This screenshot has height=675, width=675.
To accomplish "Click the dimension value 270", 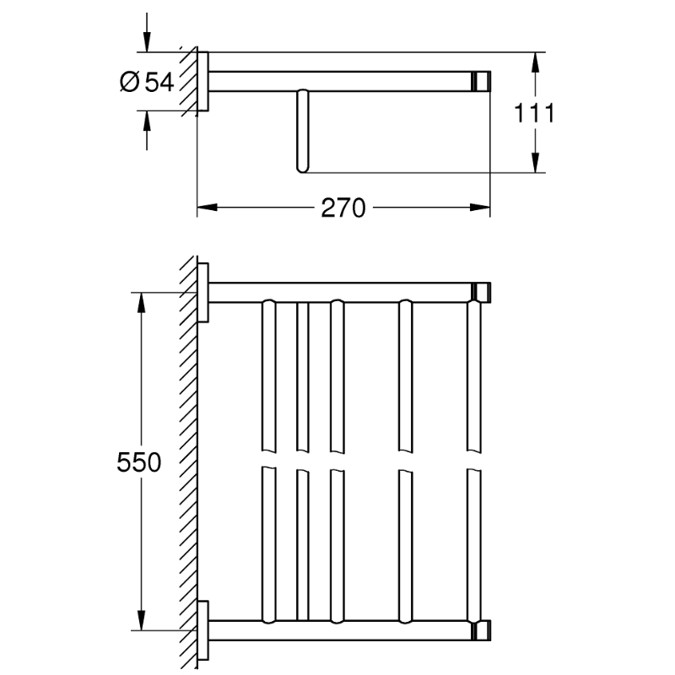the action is click(x=343, y=208).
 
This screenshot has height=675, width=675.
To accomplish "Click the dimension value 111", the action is click(x=534, y=113).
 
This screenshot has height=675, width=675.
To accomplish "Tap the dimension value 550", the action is click(x=138, y=462).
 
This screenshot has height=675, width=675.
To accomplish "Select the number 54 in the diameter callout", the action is click(x=159, y=82).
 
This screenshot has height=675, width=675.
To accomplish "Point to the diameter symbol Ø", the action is click(x=130, y=82).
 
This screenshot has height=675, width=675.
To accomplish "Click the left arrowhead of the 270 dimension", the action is click(x=207, y=208).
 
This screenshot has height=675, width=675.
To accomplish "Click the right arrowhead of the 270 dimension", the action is click(x=480, y=208).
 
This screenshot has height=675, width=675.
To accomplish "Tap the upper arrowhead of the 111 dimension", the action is click(x=535, y=62).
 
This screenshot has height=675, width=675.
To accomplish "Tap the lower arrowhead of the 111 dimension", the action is click(x=535, y=163).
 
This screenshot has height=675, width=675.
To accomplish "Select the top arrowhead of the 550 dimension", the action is click(x=141, y=302).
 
